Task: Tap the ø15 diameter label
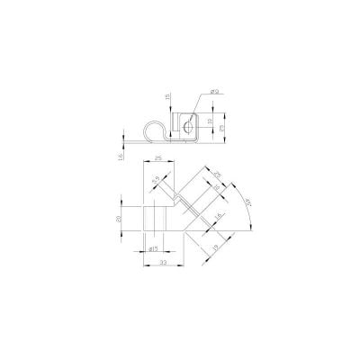tap(153, 247)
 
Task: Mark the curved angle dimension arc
tap(250, 216)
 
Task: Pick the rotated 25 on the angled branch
tap(219, 174)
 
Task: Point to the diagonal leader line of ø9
tap(197, 103)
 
